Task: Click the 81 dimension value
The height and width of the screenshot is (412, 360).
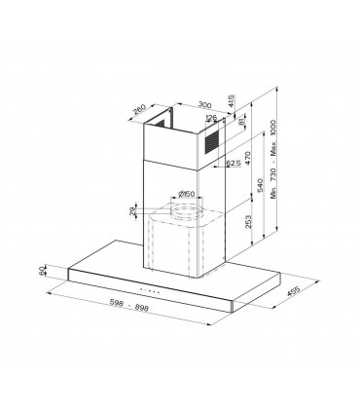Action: [x=242, y=126]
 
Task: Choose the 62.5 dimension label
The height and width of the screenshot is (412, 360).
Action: [x=234, y=164]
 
